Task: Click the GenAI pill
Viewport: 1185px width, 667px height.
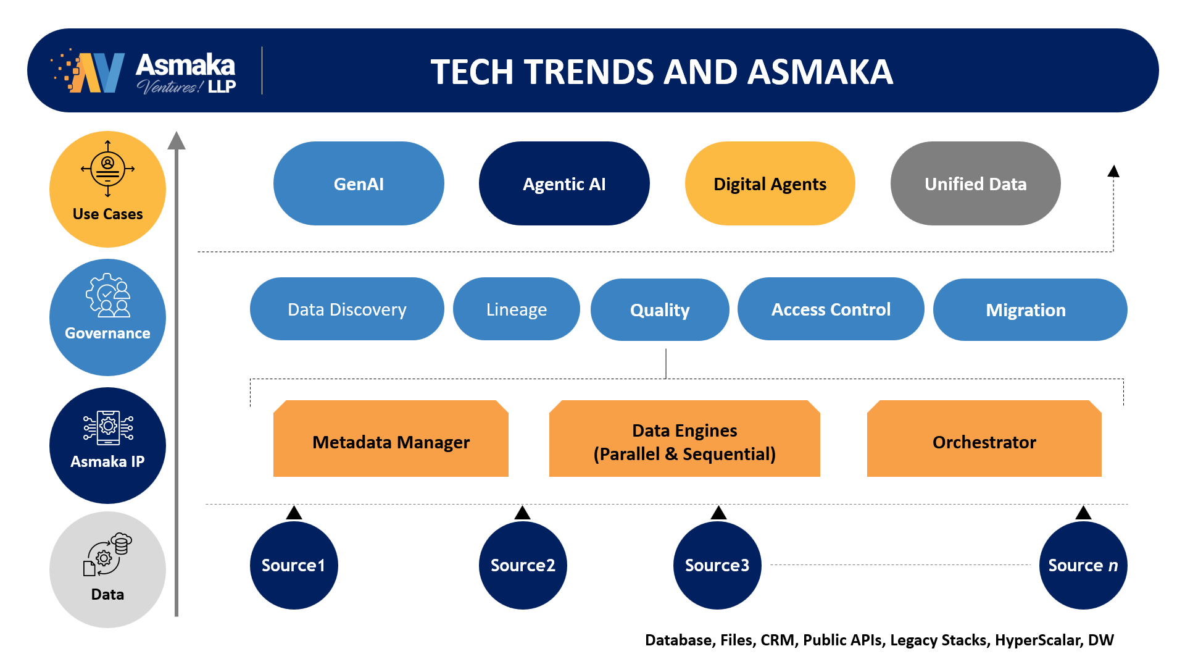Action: point(359,183)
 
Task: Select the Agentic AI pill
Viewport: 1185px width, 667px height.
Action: point(564,183)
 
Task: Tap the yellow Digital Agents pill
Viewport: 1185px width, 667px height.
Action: point(770,183)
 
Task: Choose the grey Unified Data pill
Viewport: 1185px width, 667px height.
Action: point(975,183)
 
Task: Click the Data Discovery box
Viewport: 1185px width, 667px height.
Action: point(347,309)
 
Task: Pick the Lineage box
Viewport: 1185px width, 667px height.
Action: point(517,309)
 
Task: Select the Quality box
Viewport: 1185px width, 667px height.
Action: point(660,309)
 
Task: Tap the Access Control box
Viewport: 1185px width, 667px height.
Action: point(831,309)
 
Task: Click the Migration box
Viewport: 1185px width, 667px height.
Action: point(1030,309)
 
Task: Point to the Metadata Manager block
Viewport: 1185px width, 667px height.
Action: point(391,438)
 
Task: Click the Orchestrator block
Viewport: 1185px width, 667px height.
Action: point(984,438)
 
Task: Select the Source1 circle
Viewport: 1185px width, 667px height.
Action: point(294,565)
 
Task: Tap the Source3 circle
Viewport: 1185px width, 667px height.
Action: point(717,565)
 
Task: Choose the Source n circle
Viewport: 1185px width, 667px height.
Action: point(1083,565)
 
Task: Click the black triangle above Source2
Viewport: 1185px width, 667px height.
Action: point(523,513)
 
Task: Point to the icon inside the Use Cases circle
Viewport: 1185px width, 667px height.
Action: point(107,168)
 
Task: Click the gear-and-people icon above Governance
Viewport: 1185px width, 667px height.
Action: point(108,295)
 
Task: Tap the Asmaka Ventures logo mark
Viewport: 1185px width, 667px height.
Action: point(88,72)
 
